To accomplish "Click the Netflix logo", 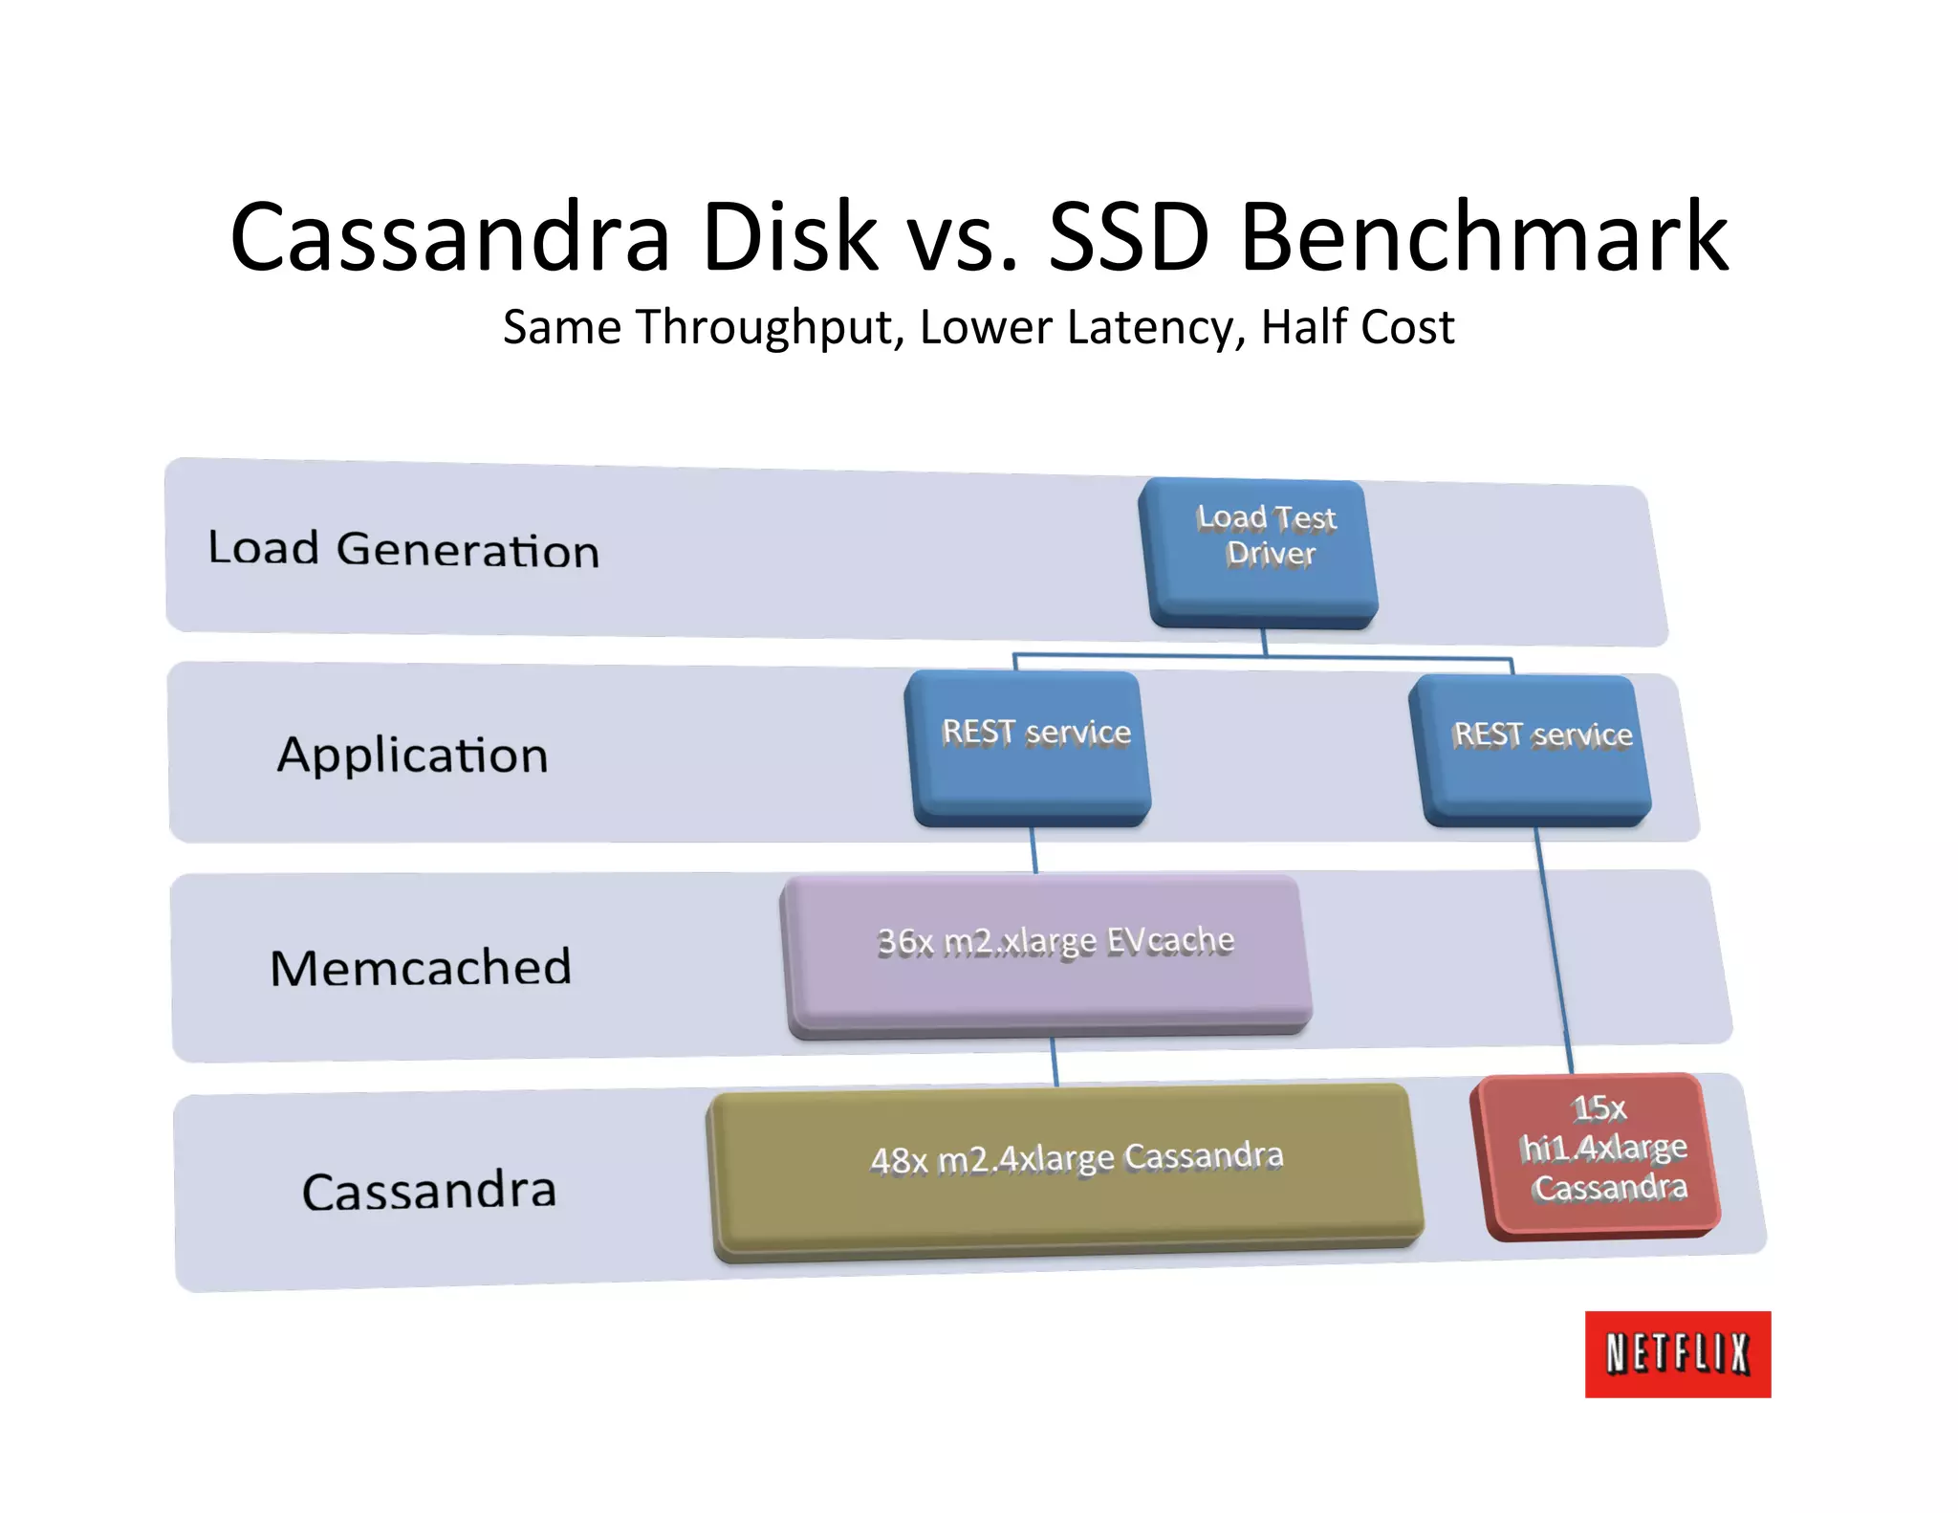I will coord(1677,1353).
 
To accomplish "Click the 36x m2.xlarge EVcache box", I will coord(1048,954).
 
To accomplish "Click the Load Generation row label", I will coord(403,549).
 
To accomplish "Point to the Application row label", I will coord(413,756).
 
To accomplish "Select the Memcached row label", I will coord(421,967).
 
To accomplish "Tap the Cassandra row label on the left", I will coord(428,1192).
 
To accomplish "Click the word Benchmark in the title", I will coord(1484,236).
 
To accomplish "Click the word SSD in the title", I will coord(1128,236).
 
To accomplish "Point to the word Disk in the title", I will coord(789,236).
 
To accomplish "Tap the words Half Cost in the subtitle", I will coord(1358,327).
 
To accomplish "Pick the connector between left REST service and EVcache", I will coord(1033,849).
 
